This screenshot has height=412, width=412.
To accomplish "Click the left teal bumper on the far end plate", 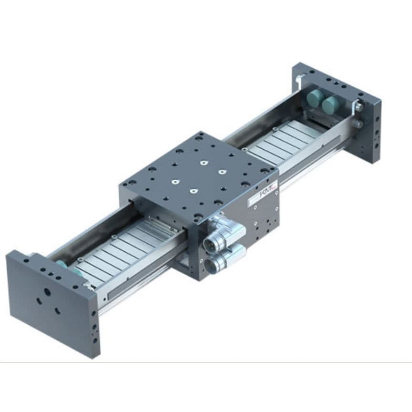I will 314,99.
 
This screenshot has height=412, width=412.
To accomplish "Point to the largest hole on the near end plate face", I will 47,291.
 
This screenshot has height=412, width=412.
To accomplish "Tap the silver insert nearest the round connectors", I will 193,191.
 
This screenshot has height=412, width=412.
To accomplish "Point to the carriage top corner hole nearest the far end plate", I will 201,135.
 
